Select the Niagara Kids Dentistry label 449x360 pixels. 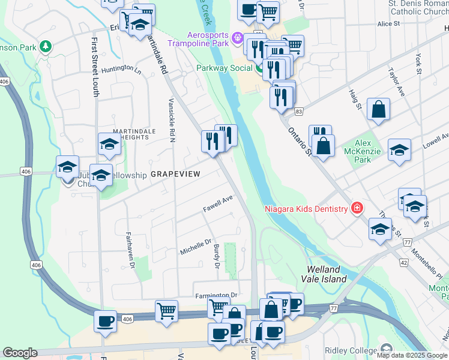[306, 209]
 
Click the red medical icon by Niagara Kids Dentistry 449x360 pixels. [357, 208]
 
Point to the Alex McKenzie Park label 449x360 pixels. [363, 151]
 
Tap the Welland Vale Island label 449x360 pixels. [327, 274]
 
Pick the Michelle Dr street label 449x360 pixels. [196, 247]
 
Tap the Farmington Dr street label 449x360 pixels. [216, 296]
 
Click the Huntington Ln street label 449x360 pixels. [121, 68]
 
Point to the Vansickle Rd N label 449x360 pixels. [172, 120]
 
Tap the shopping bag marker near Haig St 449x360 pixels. [378, 110]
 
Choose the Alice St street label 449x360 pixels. [388, 23]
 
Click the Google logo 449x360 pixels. [20, 352]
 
